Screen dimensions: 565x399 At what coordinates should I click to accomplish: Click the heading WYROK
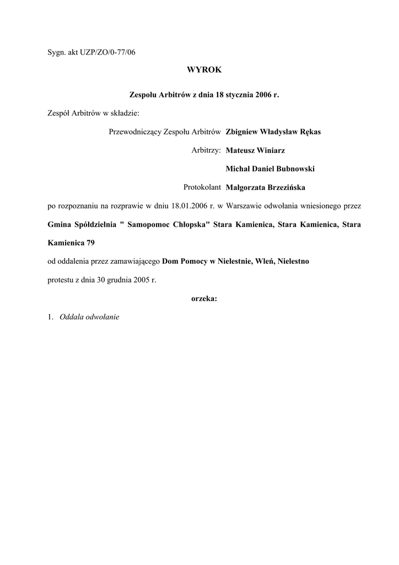tap(204, 70)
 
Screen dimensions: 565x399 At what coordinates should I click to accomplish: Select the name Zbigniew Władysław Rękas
tap(273, 132)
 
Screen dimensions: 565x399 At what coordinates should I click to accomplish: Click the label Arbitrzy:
tap(206, 151)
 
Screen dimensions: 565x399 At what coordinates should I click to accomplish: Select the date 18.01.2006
tap(190, 206)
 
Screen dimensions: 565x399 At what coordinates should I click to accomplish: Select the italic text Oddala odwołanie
tap(89, 317)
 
